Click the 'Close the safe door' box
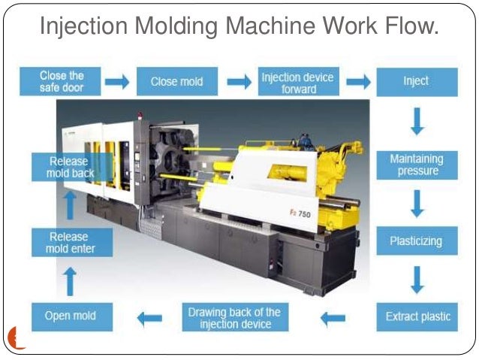point(62,81)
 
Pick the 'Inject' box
point(416,81)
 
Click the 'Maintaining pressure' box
point(416,165)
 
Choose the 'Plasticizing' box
point(416,241)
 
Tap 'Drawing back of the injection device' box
point(234,318)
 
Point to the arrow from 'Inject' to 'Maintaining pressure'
point(417,122)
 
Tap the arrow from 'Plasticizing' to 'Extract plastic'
point(417,279)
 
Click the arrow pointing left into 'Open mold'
point(149,318)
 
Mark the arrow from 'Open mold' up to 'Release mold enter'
point(69,280)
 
